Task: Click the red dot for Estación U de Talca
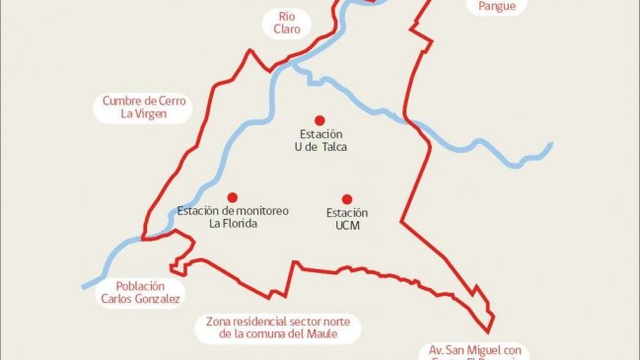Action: [319, 117]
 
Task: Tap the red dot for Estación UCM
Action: [346, 198]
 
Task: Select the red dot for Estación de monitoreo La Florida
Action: [233, 196]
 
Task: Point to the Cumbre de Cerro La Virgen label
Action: [144, 108]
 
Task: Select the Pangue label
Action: [490, 6]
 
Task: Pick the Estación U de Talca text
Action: [321, 140]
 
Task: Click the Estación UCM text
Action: [347, 219]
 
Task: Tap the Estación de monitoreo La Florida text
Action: [233, 217]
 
